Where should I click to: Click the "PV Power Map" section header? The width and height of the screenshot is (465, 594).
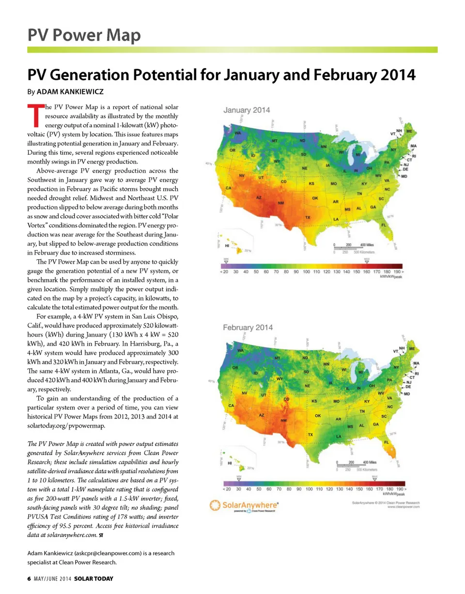click(83, 35)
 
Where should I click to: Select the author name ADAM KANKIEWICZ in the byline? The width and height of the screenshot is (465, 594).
click(72, 91)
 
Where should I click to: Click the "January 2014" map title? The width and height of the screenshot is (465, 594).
click(247, 110)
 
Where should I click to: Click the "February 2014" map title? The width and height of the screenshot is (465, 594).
click(248, 327)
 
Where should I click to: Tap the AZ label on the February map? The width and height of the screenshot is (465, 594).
click(262, 415)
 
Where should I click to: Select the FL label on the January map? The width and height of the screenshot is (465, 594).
click(384, 225)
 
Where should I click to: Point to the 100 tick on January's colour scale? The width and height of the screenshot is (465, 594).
click(306, 272)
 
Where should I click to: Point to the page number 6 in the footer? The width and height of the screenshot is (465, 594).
click(29, 579)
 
